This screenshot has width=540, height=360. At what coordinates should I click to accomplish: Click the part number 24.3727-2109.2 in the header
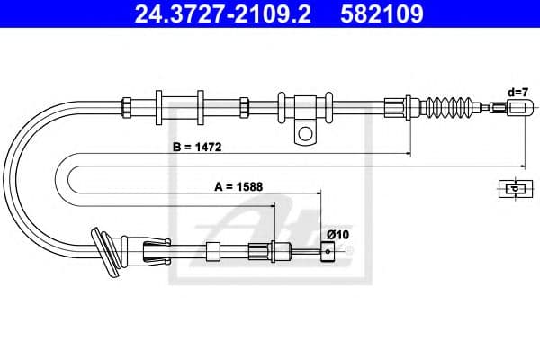click(x=222, y=13)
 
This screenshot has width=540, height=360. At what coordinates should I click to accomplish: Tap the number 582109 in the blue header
click(x=382, y=13)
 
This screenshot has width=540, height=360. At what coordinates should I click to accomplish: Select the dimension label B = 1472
click(x=197, y=147)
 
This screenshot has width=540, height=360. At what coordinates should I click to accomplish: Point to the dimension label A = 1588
click(x=238, y=186)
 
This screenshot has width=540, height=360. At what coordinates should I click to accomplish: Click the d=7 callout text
click(x=517, y=93)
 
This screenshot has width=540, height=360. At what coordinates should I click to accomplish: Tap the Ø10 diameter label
click(x=337, y=235)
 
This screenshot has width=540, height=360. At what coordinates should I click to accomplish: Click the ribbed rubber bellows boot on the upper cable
click(x=451, y=107)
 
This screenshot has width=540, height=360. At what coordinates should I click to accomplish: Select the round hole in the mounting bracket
click(x=305, y=133)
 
